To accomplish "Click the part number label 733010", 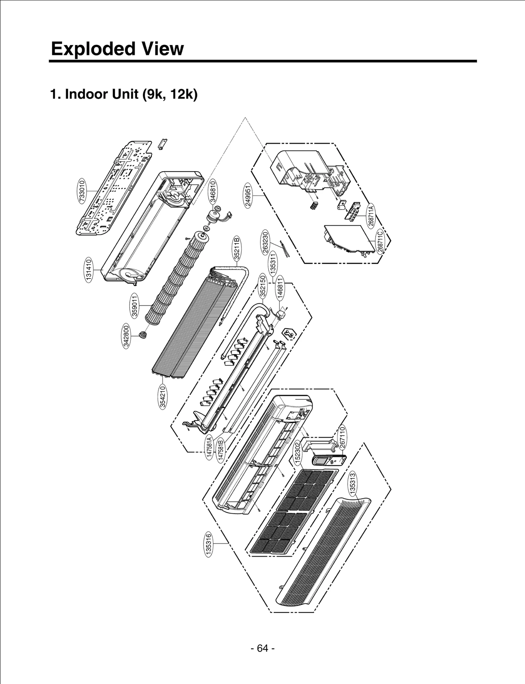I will click(x=82, y=191).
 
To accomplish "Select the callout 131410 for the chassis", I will click(x=88, y=270).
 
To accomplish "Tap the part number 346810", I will click(x=213, y=192).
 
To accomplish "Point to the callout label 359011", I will click(x=135, y=305).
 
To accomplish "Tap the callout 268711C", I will click(x=380, y=242).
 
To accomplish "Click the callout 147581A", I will click(x=210, y=448).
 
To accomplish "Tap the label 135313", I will click(x=352, y=483).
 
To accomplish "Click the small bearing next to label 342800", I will click(x=143, y=335).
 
